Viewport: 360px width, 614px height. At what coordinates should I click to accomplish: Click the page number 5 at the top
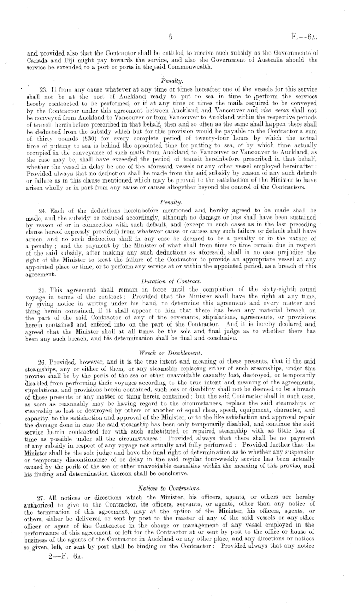pyautogui.click(x=170, y=37)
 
